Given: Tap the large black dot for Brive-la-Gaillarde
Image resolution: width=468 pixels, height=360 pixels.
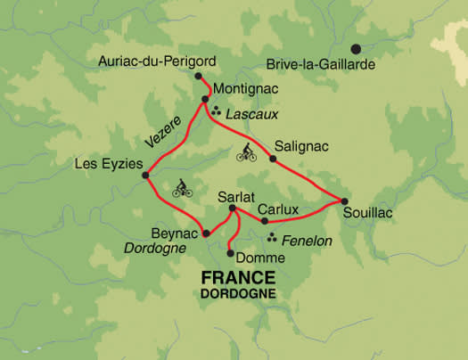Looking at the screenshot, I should coord(357,49).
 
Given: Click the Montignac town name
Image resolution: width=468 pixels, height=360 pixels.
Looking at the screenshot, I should coord(246,91).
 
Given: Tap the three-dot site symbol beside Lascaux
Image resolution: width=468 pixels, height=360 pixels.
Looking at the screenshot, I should coord(217,113).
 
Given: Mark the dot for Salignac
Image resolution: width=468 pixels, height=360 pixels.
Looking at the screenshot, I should coord(273,160).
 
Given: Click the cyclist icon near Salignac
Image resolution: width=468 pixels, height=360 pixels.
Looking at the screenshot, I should coord(246,152).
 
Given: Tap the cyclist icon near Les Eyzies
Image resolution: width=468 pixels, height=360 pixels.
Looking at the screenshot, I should coord(181,188).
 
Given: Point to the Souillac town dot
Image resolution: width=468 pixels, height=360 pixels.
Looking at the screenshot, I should coord(344,199).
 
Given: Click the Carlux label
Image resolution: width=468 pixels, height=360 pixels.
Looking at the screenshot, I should coord(278,209).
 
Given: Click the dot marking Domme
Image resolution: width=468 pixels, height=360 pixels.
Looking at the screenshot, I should coord(231,253).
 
